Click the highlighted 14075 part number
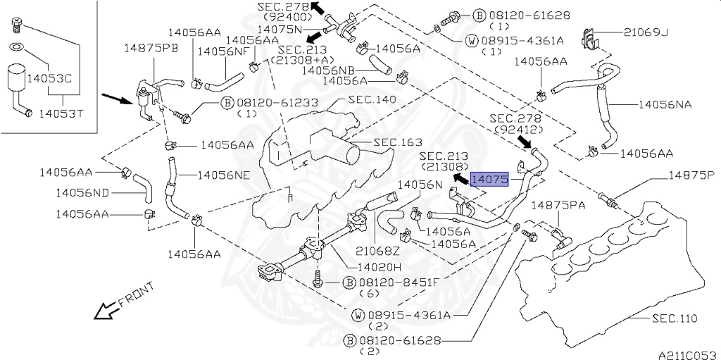489,180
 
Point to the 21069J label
646,32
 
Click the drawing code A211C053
688,355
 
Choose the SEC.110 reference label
675,318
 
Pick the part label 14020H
380,266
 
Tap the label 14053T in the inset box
61,113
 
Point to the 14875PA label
558,205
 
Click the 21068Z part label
378,251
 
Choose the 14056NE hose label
224,175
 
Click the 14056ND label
82,192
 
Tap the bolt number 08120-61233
277,102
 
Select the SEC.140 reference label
372,99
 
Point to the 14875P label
691,175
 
